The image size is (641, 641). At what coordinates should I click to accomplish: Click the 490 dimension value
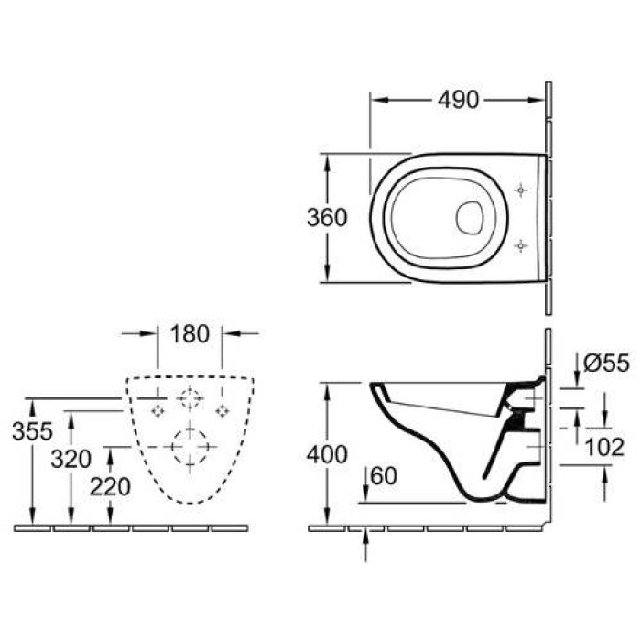458,100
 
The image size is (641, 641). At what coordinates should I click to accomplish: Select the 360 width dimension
326,218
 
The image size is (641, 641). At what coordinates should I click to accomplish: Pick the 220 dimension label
109,487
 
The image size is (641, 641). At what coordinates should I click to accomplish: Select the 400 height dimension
327,453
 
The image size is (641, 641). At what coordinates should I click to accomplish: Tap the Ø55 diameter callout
605,364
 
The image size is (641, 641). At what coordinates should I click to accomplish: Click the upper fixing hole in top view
520,190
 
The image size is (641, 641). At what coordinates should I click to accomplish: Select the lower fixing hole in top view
520,245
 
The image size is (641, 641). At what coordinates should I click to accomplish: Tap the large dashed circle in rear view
190,446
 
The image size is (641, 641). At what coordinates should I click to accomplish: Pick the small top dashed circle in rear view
190,399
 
